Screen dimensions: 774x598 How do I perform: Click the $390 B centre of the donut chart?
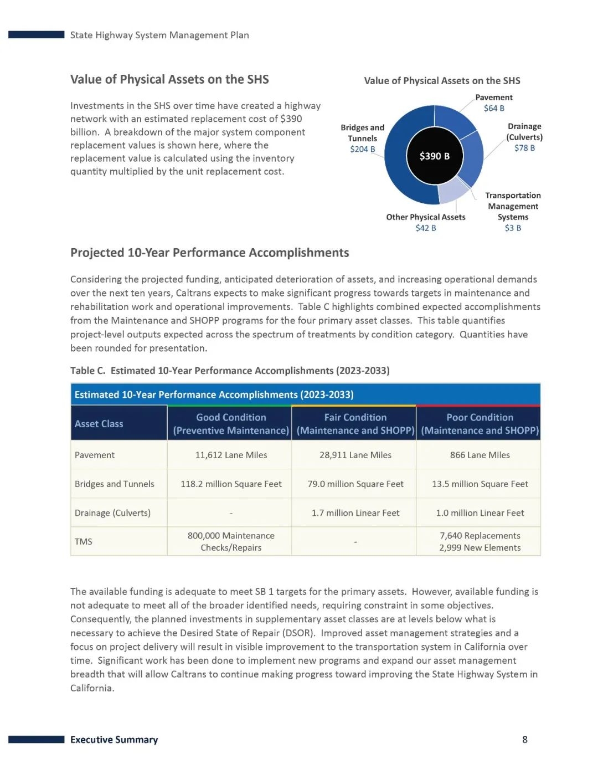tap(434, 156)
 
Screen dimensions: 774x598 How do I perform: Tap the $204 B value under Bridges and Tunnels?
tap(362, 149)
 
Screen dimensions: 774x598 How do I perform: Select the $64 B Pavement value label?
tap(494, 108)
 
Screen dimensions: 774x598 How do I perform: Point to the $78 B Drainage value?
tap(524, 148)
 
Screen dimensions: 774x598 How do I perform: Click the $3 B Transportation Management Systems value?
tap(513, 228)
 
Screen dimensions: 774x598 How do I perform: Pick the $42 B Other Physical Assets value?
tap(426, 228)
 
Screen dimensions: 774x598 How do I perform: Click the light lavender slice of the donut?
tap(452, 191)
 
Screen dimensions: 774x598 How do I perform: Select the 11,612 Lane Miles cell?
tap(231, 455)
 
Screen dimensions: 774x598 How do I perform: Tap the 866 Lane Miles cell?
tap(480, 455)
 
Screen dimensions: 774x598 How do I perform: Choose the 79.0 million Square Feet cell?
tap(355, 484)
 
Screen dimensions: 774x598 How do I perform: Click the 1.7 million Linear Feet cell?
tap(355, 513)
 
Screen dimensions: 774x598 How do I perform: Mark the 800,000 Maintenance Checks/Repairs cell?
tap(231, 541)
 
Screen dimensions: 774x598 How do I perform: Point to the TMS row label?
tap(84, 541)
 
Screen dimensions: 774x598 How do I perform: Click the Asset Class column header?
tap(99, 424)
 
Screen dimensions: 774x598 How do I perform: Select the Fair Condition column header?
tap(355, 424)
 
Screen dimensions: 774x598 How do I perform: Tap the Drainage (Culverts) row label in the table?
tap(112, 513)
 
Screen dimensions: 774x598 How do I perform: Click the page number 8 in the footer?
tap(525, 739)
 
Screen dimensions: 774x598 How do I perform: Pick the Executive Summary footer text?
tap(114, 740)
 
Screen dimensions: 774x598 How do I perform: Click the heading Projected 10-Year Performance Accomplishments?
tap(209, 253)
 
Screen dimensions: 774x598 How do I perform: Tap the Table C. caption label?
tap(87, 371)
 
